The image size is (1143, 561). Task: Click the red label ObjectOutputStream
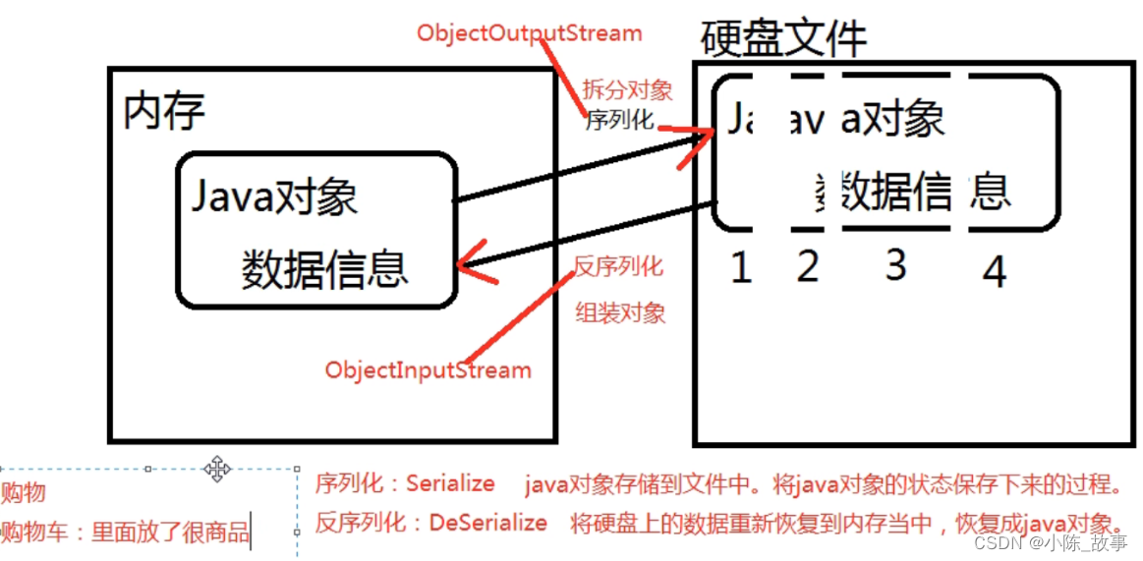click(529, 32)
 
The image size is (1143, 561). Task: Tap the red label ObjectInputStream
click(428, 370)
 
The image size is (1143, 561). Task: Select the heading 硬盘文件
click(783, 38)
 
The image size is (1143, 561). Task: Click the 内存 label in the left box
click(164, 111)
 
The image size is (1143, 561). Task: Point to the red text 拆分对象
click(627, 89)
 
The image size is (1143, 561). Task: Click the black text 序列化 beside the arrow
click(619, 121)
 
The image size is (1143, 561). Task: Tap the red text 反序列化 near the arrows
click(618, 265)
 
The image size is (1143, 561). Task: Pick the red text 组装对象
click(620, 313)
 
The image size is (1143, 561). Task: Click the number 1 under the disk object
click(741, 267)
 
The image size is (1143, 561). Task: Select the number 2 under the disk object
click(808, 266)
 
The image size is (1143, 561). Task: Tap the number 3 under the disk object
click(894, 265)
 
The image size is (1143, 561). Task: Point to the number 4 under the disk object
click(995, 272)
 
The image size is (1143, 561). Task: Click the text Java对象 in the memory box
click(274, 197)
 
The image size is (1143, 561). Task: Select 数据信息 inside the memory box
click(324, 268)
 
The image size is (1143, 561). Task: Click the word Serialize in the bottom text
click(450, 483)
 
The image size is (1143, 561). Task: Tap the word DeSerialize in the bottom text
click(487, 523)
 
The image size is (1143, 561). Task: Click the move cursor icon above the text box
click(216, 469)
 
